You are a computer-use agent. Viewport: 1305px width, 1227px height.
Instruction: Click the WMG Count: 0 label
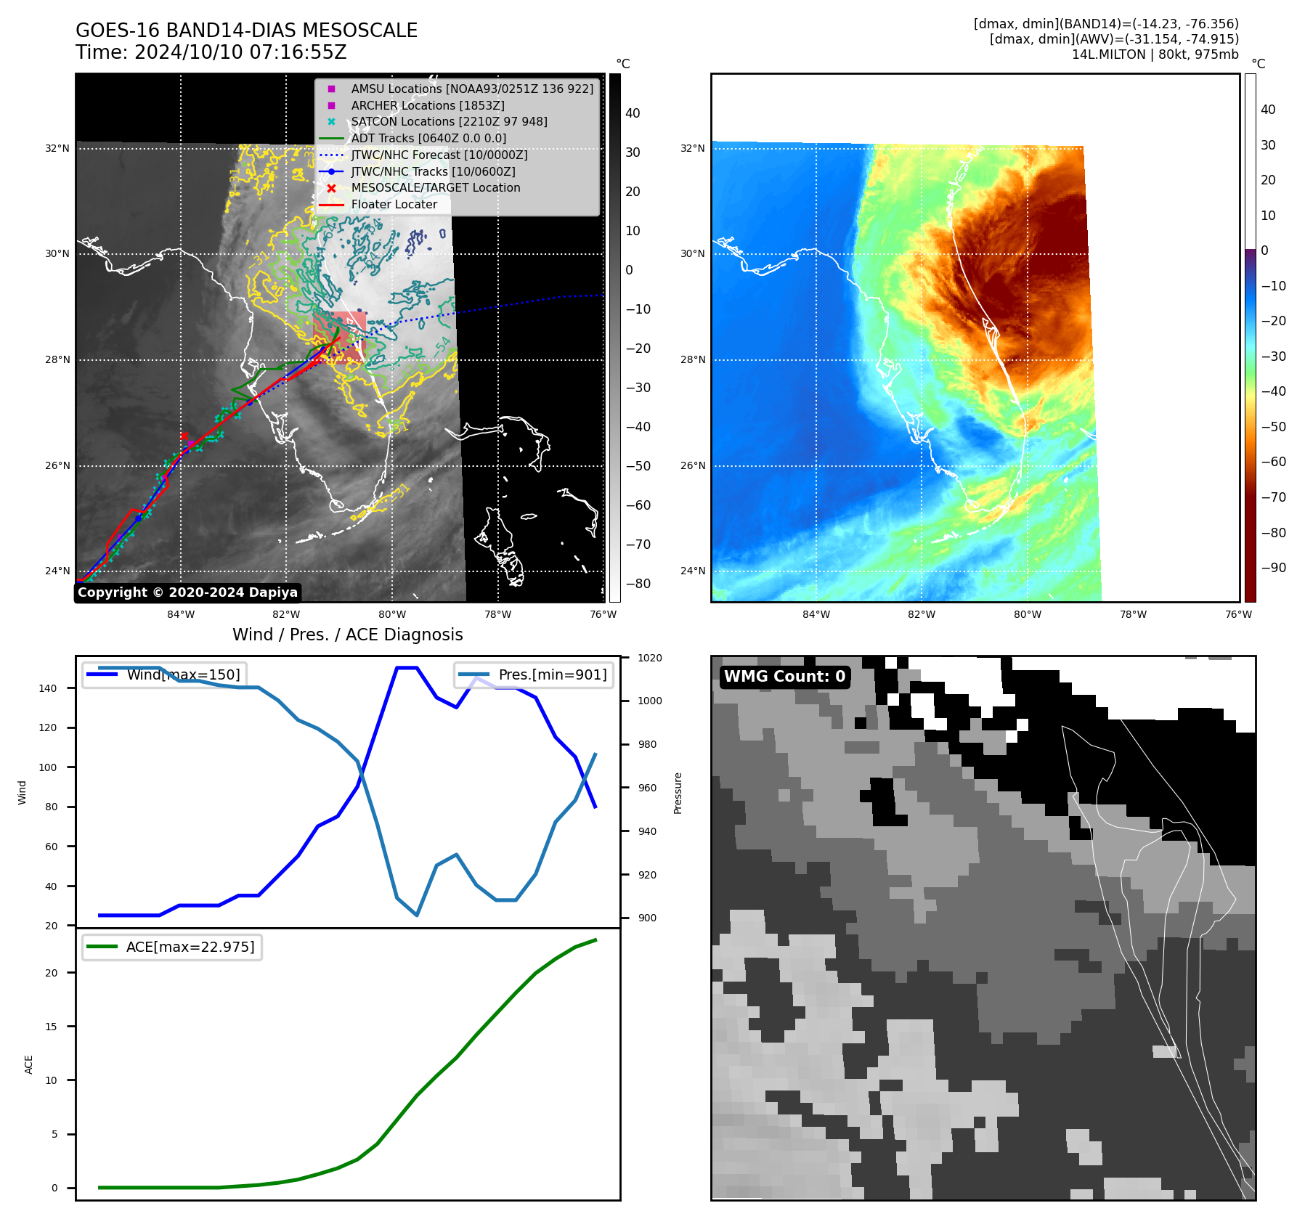pos(784,677)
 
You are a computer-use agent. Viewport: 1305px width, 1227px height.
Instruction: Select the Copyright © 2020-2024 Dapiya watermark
pos(187,592)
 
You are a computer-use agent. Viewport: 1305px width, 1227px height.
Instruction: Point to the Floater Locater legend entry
pos(394,205)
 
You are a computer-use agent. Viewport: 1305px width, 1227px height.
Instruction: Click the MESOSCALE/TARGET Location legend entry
pos(436,188)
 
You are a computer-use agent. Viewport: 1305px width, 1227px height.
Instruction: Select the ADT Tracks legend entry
pos(428,139)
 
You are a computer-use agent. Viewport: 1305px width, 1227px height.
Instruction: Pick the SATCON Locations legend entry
pos(449,122)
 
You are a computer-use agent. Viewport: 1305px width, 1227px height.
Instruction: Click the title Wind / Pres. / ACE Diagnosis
pos(347,635)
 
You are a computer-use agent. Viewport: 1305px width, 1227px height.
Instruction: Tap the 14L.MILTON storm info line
pos(1155,54)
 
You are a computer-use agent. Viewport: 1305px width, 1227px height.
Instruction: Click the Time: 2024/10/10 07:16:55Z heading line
pos(211,53)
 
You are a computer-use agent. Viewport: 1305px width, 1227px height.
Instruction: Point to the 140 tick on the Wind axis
pos(48,688)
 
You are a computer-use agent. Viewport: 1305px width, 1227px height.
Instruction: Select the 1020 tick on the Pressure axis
pos(650,658)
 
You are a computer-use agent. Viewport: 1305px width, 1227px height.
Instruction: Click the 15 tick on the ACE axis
pos(51,1027)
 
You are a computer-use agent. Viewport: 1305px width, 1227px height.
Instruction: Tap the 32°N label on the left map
pos(57,149)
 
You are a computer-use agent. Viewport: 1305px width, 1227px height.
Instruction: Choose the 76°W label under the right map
pos(1238,614)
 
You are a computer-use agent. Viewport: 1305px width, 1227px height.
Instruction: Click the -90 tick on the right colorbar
pos(1273,568)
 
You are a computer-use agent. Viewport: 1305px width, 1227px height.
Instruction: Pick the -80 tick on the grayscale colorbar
pos(638,584)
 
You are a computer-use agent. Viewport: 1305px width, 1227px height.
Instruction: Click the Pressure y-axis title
pos(678,793)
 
